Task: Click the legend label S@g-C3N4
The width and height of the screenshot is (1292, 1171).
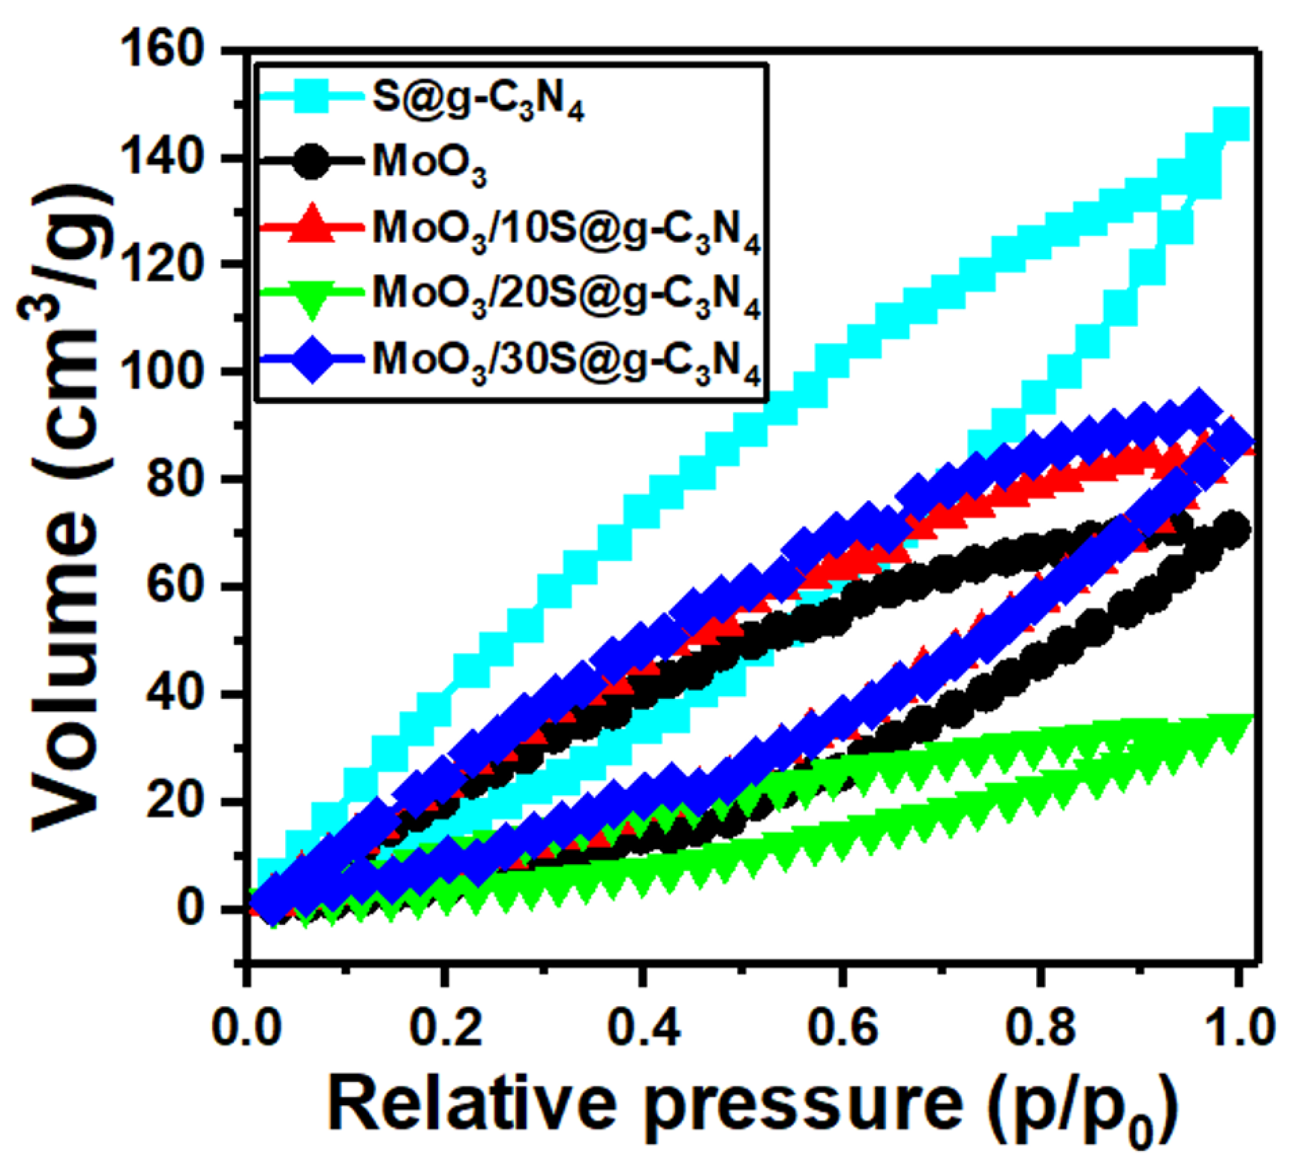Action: tap(478, 101)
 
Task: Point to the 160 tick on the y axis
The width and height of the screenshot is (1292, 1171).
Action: tap(169, 50)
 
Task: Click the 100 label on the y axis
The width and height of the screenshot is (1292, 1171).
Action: tap(169, 372)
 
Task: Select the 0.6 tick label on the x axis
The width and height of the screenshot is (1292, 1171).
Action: tap(842, 1027)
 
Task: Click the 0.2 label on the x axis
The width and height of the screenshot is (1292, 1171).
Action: tap(445, 1027)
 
